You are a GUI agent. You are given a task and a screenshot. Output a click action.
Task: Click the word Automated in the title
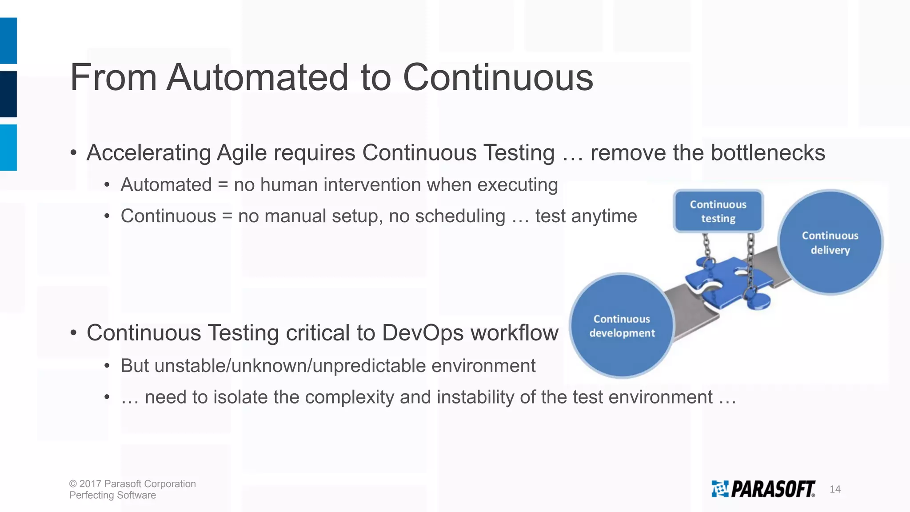[x=257, y=77]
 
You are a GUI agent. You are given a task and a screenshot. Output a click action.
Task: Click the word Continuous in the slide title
[x=498, y=77]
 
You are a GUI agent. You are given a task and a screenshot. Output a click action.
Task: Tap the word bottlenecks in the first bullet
[x=768, y=153]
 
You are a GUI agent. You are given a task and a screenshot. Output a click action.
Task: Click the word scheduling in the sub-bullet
[x=460, y=216]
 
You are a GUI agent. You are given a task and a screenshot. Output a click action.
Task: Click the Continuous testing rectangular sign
[x=718, y=212]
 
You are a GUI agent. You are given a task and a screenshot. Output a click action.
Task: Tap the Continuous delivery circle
[x=830, y=243]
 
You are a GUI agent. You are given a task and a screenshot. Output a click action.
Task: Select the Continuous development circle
[x=622, y=326]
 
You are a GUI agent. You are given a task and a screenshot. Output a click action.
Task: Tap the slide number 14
[x=835, y=489]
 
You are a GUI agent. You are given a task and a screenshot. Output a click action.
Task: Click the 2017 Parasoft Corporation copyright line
[x=132, y=484]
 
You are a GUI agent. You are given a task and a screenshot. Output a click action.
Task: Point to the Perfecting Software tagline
[x=112, y=495]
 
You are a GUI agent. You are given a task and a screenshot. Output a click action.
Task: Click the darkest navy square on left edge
[x=8, y=94]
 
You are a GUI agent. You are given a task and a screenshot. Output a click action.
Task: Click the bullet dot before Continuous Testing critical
[x=74, y=333]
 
